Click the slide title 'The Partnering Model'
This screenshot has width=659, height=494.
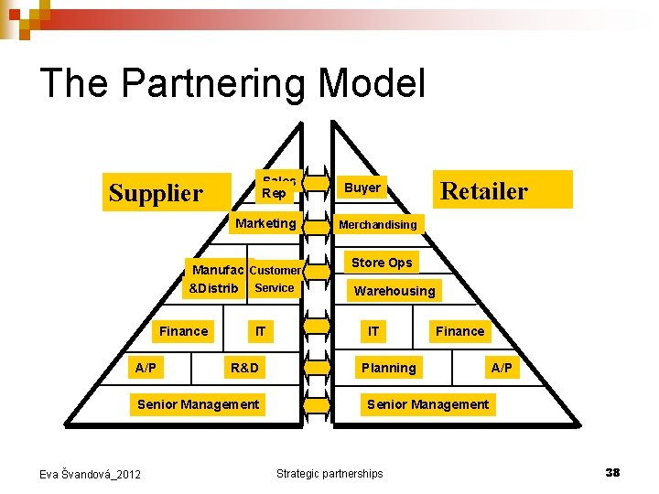pyautogui.click(x=232, y=82)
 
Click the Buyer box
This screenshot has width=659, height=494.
pyautogui.click(x=362, y=188)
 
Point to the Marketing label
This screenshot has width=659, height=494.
pyautogui.click(x=265, y=223)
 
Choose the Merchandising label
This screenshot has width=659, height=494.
pyautogui.click(x=377, y=224)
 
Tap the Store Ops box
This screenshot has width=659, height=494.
pyautogui.click(x=382, y=263)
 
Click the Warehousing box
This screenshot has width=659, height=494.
pyautogui.click(x=394, y=291)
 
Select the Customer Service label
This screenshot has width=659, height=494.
pyautogui.click(x=275, y=279)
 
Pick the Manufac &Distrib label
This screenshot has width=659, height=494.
pyautogui.click(x=216, y=279)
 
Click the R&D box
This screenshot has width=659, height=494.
pyautogui.click(x=244, y=368)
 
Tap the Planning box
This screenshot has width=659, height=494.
pyautogui.click(x=388, y=368)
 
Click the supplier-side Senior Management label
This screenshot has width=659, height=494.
pyautogui.click(x=198, y=404)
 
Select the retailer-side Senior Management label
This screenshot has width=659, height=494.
pyautogui.click(x=427, y=404)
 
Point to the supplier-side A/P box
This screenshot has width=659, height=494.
pyautogui.click(x=145, y=368)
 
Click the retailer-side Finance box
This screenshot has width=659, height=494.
pyautogui.click(x=459, y=331)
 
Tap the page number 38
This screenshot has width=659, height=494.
pyautogui.click(x=612, y=472)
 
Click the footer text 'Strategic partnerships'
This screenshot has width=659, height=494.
pyautogui.click(x=329, y=473)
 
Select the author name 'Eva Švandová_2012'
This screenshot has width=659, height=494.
pyautogui.click(x=90, y=474)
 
